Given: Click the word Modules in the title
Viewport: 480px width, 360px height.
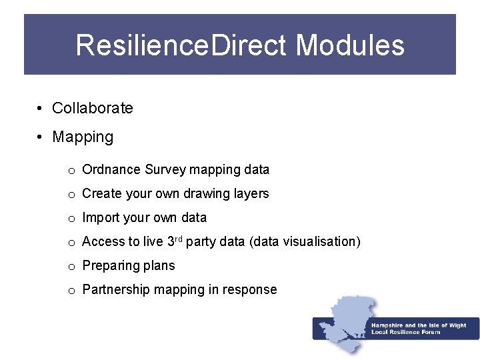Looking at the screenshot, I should [x=350, y=45].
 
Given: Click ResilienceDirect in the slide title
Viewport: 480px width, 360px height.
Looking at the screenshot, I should [x=182, y=45].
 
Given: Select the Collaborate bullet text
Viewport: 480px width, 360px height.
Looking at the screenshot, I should [x=93, y=108].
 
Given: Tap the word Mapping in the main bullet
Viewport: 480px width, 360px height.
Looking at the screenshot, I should [x=83, y=137].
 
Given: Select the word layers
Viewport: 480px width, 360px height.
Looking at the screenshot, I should [x=249, y=194].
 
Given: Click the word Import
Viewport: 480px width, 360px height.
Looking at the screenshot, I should [x=100, y=218].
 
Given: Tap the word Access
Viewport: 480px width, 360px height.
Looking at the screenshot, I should [x=103, y=242].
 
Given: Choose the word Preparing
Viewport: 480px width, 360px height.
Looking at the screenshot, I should [x=110, y=266].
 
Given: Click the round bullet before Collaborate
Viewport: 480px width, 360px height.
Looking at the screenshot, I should [x=41, y=109].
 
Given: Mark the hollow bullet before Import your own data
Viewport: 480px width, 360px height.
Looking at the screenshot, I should [x=71, y=219].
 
